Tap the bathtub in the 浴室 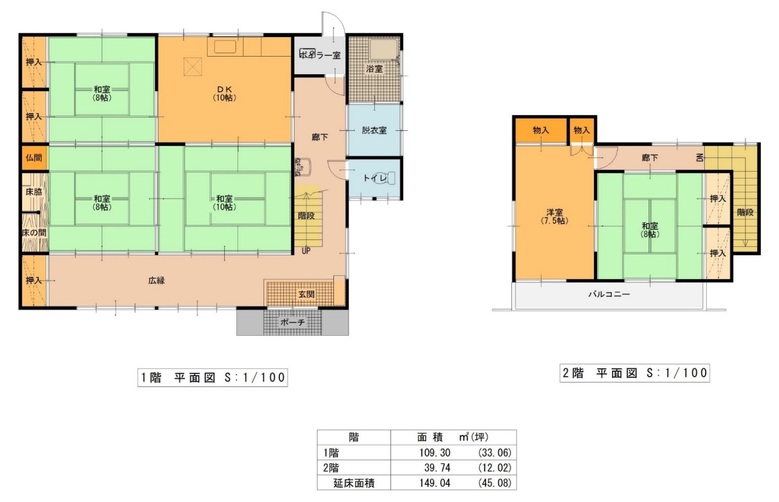(x=383, y=49)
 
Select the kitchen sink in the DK (x=225, y=46)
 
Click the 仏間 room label (x=34, y=158)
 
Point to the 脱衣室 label (x=374, y=130)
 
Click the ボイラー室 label (x=320, y=55)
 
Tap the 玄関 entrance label (x=306, y=294)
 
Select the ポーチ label (x=293, y=322)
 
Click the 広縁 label (x=157, y=281)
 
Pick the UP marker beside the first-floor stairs (x=306, y=250)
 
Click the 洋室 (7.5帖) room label (x=555, y=216)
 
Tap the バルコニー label (x=609, y=294)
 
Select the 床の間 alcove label (x=34, y=233)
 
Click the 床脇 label (x=34, y=191)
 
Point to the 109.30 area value (x=434, y=453)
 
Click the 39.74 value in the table (x=437, y=468)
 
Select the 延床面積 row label (x=354, y=483)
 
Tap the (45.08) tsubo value (x=495, y=483)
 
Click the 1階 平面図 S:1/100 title (x=213, y=377)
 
